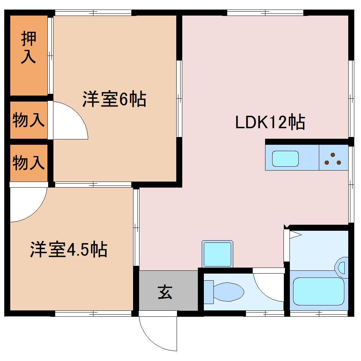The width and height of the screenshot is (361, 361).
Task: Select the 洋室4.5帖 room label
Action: click(x=68, y=250)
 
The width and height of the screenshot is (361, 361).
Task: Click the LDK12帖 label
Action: click(x=270, y=122)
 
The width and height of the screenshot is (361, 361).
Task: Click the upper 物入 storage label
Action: click(x=28, y=120)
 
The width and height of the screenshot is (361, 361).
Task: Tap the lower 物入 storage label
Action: click(x=28, y=163)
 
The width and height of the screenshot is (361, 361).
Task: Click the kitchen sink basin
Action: click(x=285, y=159)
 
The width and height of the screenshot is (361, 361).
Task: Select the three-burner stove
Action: click(x=333, y=159)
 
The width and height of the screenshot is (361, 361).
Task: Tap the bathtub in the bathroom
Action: click(x=319, y=291)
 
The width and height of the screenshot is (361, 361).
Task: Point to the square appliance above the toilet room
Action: click(x=218, y=254)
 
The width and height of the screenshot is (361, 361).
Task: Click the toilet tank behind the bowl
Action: click(x=209, y=292)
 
